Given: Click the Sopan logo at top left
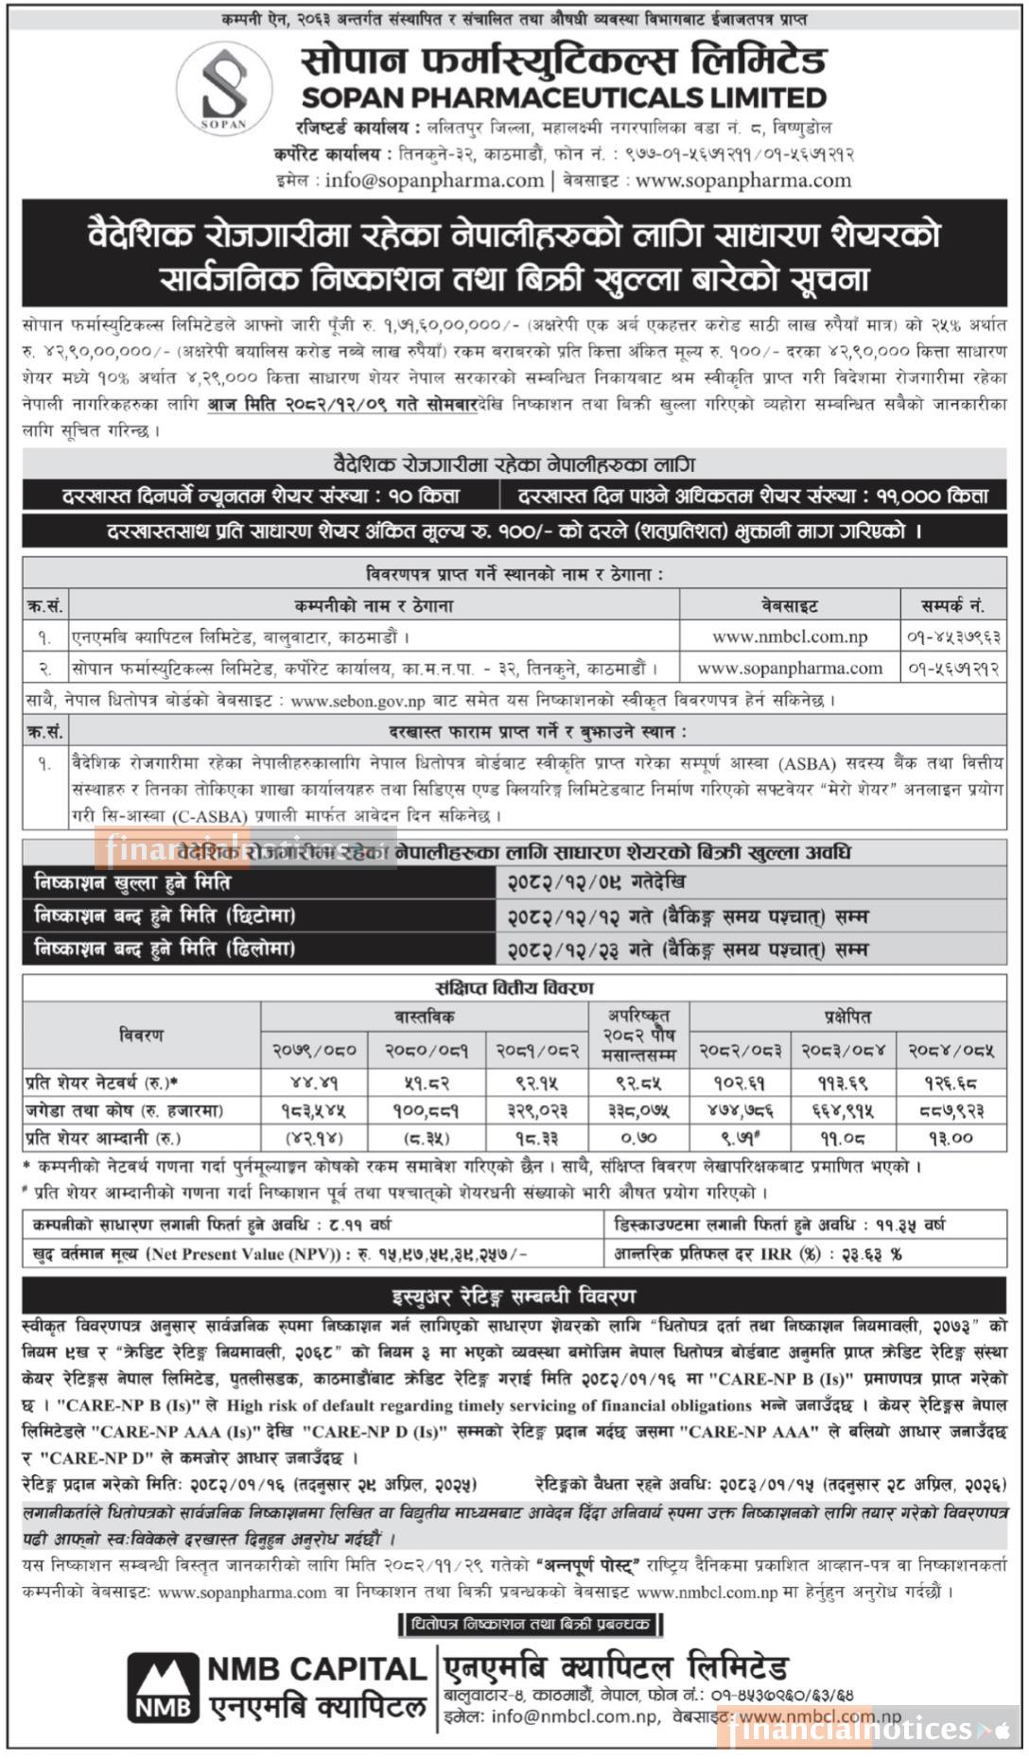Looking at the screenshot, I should [x=224, y=87].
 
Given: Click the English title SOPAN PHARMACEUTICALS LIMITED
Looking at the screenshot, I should [x=564, y=97].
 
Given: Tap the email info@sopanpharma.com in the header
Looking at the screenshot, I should [x=434, y=180].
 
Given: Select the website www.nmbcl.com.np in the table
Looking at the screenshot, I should [x=790, y=636].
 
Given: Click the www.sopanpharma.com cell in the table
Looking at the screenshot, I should [x=790, y=669].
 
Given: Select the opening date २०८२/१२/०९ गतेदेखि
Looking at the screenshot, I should [x=596, y=882].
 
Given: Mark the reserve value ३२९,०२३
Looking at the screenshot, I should [x=536, y=1109].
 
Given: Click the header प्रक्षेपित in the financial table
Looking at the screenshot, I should [x=846, y=1017].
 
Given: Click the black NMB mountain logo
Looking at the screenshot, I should [x=165, y=1687].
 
